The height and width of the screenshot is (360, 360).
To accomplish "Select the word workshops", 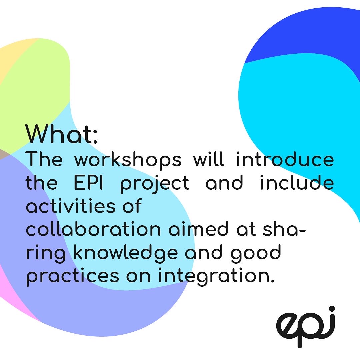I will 128,160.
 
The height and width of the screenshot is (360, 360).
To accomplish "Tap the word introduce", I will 285,160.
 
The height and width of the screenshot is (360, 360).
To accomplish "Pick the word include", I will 297,183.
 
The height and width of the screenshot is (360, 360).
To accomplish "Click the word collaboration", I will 89,230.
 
